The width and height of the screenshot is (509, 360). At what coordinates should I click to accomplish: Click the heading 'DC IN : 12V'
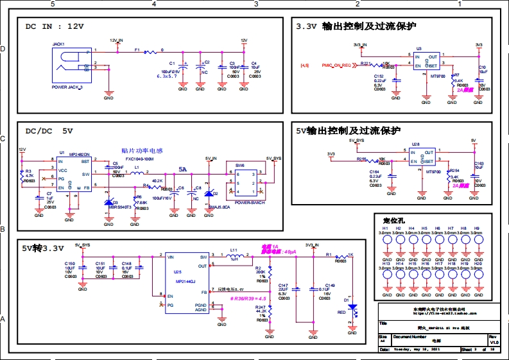pos(54,27)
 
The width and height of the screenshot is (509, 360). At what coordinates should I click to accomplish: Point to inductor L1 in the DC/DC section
pos(138,174)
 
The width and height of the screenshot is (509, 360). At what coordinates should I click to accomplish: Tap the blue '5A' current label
pos(183,170)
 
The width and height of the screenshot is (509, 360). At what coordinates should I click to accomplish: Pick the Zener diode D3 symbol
pos(108,203)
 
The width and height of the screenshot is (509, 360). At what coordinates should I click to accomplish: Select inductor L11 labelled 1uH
pos(234,255)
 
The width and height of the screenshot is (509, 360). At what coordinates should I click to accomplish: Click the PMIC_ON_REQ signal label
pos(335,65)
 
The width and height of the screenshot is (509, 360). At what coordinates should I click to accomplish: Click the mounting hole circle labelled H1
pos(387,241)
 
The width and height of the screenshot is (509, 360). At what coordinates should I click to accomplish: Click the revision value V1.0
pos(494,343)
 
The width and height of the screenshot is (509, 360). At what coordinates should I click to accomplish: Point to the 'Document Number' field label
pos(410,336)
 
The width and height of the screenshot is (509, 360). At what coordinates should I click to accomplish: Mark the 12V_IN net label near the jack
pos(116,40)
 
